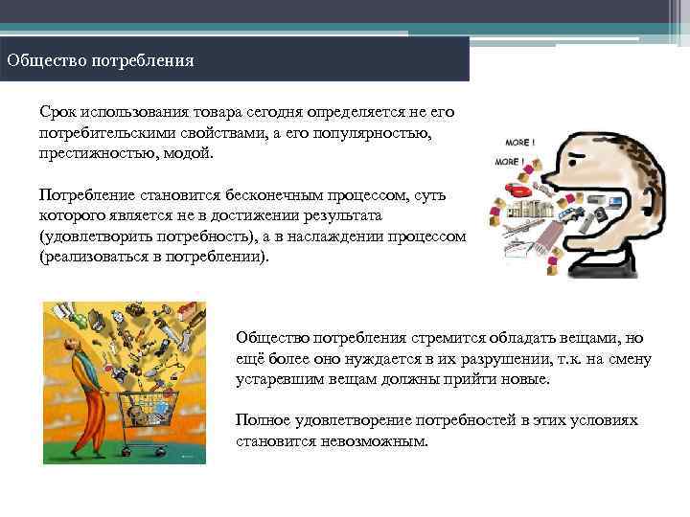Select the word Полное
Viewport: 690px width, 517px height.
(x=260, y=421)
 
